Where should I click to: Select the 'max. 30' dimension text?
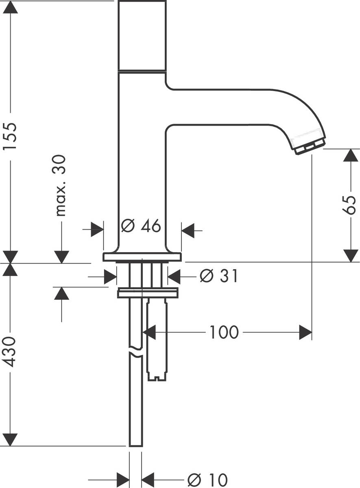point(61,185)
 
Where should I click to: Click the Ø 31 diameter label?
point(219,277)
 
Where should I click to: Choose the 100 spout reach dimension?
point(224,333)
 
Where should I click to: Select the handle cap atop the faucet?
point(142,36)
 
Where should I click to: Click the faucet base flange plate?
point(142,257)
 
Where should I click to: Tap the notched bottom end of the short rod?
point(157,377)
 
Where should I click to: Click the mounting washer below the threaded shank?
point(147,293)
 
